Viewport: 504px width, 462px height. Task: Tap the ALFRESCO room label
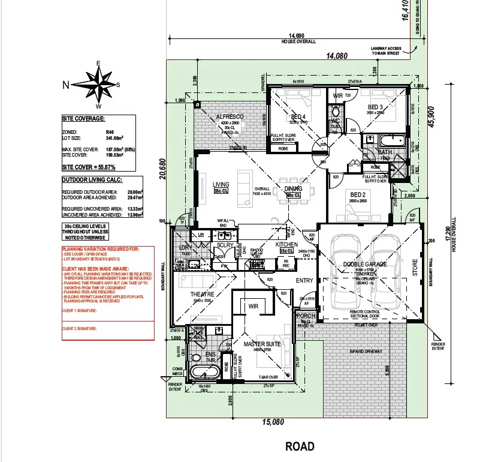(x=228, y=116)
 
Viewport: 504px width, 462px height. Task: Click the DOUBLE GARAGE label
(x=364, y=265)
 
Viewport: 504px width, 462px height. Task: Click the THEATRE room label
(x=202, y=295)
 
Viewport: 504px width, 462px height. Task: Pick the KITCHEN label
(x=286, y=245)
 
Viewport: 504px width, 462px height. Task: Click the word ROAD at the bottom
(x=300, y=446)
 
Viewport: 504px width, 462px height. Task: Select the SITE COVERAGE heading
(x=84, y=119)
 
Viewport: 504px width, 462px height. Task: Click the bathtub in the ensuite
(x=204, y=372)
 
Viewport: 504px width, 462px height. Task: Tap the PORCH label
(x=306, y=316)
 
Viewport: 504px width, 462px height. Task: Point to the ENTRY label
(x=304, y=280)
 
